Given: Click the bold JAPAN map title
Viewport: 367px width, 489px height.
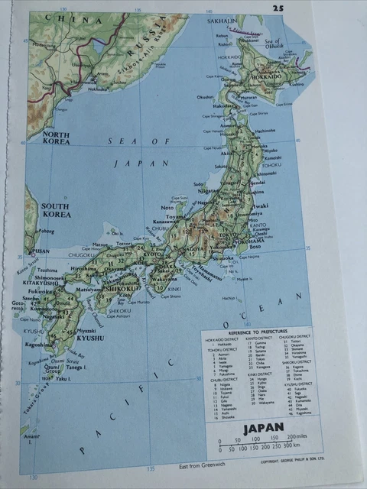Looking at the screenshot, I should pos(263,429).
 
